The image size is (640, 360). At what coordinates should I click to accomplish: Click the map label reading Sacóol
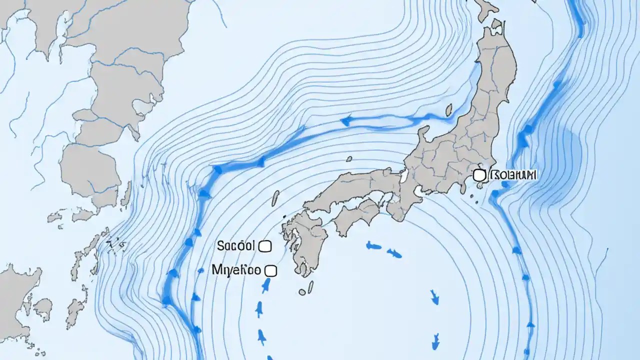236,245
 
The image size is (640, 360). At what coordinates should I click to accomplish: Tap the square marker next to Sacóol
265,246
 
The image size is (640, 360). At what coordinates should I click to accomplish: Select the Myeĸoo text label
236,270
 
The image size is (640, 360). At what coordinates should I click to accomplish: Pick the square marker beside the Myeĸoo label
270,271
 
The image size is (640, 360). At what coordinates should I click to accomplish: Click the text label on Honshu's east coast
513,175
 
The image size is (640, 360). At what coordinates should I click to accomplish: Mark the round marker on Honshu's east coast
479,175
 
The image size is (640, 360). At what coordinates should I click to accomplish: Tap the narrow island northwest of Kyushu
275,198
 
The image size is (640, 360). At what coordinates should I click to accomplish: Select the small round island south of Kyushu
302,291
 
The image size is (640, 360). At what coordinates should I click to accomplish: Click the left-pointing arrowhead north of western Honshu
345,120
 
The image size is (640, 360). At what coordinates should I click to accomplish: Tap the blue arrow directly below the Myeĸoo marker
266,285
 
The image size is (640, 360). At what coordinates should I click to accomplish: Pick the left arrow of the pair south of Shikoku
373,245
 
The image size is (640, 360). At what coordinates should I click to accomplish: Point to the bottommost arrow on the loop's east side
436,341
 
